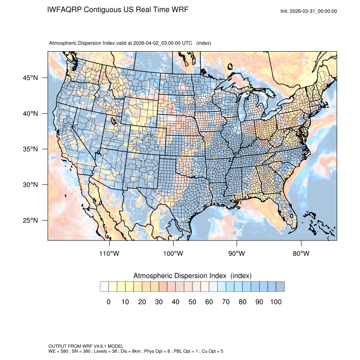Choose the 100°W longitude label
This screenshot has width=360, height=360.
tap(173, 254)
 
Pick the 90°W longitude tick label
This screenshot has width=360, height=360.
tap(237, 254)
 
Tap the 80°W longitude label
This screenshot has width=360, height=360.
tap(301, 254)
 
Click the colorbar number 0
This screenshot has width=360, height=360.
tap(108, 302)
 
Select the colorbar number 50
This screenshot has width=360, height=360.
tap(192, 302)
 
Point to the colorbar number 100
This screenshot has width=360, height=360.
tap(276, 302)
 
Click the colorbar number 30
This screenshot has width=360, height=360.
tap(159, 302)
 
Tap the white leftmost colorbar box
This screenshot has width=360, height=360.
tap(104, 287)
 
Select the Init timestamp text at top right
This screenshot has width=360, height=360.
tap(309, 11)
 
